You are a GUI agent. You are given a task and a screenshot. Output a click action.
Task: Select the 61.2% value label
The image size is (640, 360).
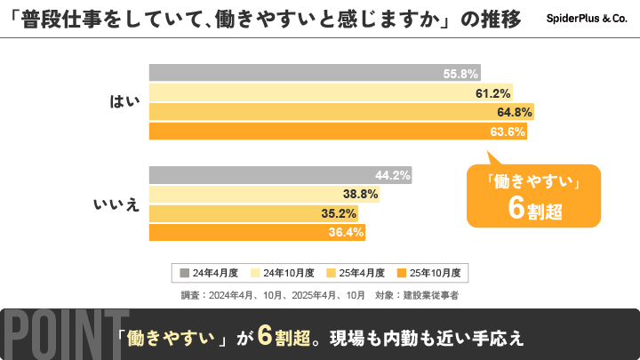coord(492,93)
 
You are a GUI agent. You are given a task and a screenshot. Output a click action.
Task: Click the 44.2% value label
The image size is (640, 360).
coord(392,175)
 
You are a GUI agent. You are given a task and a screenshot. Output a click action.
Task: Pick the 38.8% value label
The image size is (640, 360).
coord(361,194)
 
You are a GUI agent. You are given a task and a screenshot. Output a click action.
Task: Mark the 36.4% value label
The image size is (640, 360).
coord(347,233)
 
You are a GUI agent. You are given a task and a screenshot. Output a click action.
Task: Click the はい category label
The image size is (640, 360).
coord(119,101)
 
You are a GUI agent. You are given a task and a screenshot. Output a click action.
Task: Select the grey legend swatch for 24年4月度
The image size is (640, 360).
coord(184,272)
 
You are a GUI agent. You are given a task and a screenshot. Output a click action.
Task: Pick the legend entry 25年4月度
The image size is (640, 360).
coord(359,272)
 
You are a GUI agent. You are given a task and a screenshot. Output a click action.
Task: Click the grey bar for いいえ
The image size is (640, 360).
coord(280,175)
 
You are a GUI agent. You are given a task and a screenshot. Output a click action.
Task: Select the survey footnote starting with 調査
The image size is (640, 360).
coord(319,294)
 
